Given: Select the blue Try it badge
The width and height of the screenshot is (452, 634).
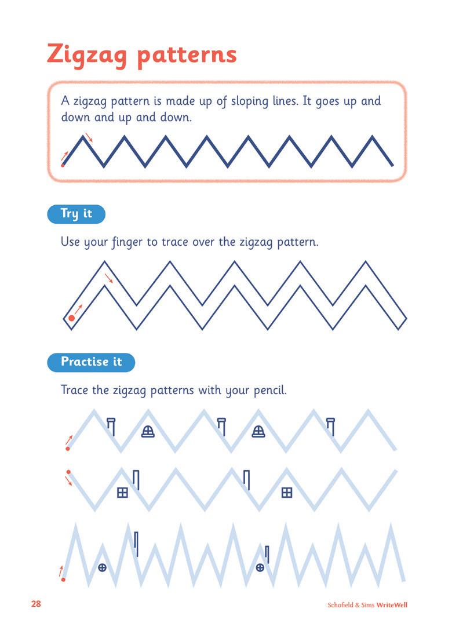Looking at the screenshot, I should (76, 214).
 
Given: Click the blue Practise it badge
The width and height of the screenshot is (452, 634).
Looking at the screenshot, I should (91, 362).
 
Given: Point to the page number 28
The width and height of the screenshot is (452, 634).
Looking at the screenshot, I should (36, 604).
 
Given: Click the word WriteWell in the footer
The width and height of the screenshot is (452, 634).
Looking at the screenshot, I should (392, 605).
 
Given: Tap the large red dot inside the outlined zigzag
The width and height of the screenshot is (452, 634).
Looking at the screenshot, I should (72, 318).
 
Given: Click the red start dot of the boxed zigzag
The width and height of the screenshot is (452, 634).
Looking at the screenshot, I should (63, 165).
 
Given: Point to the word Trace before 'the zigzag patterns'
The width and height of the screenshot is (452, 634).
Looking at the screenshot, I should (75, 390).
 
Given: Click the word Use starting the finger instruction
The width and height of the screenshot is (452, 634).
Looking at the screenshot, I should (71, 242).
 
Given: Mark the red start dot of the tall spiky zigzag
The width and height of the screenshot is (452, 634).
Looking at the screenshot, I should (63, 579).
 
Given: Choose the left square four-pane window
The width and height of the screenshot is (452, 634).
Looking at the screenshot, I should (122, 493).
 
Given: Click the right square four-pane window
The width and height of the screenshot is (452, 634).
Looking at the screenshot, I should (286, 493).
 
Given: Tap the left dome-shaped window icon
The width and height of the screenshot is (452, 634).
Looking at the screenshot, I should (148, 431).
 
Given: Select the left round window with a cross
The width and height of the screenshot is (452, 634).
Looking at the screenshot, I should (102, 567).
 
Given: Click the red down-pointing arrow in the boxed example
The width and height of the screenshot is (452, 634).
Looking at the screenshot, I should (89, 137).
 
